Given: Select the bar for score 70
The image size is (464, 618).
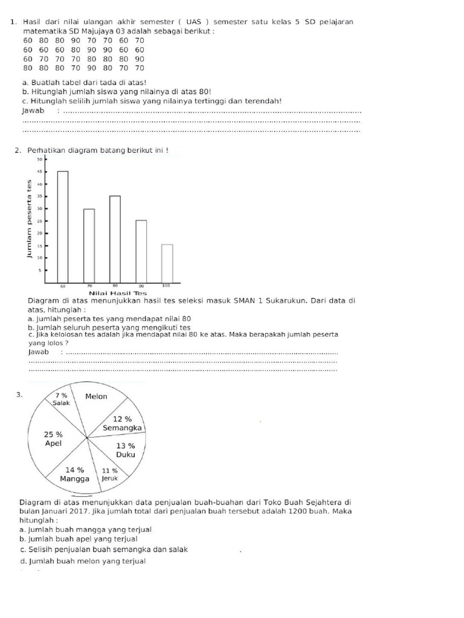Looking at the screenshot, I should click(89, 245).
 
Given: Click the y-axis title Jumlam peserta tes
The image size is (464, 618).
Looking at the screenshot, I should click(28, 220).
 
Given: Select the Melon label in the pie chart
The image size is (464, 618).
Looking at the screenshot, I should click(96, 397).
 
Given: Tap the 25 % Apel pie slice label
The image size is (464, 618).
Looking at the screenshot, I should click(53, 439).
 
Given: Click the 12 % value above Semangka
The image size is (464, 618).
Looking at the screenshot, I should click(123, 419).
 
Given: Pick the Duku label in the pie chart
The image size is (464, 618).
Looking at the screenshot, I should click(125, 454).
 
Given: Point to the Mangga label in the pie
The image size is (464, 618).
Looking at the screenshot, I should click(74, 479).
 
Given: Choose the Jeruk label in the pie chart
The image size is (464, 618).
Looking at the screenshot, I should click(109, 478).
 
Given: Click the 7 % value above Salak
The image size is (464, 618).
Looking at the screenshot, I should click(61, 395).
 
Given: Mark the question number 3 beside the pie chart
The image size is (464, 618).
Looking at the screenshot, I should click(19, 395).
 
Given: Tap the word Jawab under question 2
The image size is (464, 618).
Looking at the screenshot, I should click(37, 352).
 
